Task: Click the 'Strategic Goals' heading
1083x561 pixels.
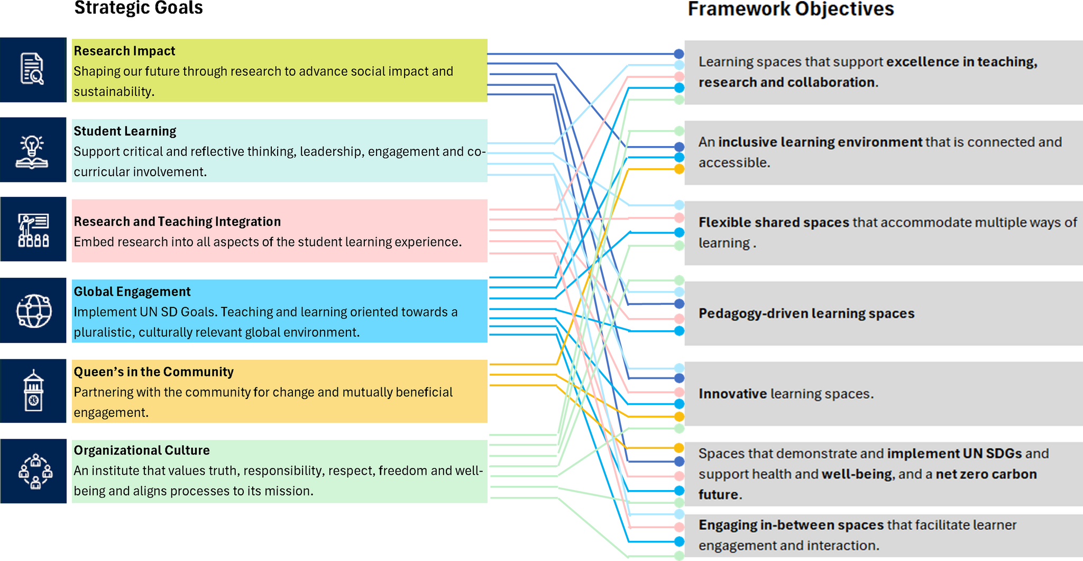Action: tap(139, 8)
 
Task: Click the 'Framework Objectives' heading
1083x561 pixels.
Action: tap(791, 10)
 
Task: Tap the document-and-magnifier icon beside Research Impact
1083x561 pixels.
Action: tap(33, 69)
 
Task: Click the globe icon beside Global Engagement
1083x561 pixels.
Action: tap(34, 311)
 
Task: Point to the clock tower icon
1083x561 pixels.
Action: tap(33, 391)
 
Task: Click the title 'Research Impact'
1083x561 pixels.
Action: tap(124, 51)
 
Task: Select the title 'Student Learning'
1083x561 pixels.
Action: tap(125, 131)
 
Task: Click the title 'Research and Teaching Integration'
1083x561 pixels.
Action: tap(177, 221)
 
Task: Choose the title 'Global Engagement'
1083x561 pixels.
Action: tap(132, 292)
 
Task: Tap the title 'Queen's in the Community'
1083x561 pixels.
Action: tap(153, 372)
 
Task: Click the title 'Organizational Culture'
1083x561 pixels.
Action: tap(142, 450)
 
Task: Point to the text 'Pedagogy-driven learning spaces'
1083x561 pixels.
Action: tap(806, 313)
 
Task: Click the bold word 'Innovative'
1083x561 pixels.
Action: tap(732, 394)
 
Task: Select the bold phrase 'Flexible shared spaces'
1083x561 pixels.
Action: tap(774, 222)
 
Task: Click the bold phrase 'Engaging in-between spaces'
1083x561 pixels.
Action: tap(791, 525)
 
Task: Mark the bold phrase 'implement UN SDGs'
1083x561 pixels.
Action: tap(954, 454)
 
